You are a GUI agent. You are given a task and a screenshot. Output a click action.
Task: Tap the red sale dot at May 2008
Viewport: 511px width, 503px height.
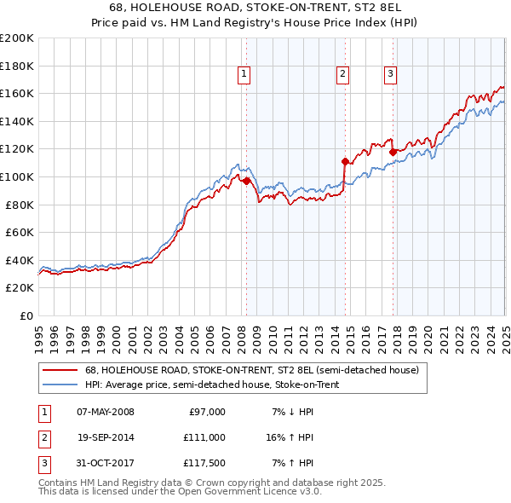pyautogui.click(x=246, y=181)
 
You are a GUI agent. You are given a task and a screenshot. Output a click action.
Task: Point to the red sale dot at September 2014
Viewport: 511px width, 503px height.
pyautogui.click(x=345, y=161)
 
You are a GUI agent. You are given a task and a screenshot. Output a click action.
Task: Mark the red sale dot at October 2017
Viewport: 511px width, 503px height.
pyautogui.click(x=393, y=152)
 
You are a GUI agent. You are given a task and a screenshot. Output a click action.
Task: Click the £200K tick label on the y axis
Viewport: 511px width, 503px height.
pyautogui.click(x=17, y=38)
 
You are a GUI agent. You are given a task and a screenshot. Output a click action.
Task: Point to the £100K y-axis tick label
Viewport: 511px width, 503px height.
pyautogui.click(x=17, y=176)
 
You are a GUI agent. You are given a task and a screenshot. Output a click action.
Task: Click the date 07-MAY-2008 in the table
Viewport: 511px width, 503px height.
pyautogui.click(x=106, y=412)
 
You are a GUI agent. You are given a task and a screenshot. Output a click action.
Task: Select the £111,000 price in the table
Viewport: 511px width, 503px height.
pyautogui.click(x=204, y=437)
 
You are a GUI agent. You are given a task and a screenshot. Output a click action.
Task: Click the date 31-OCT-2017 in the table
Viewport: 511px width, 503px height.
pyautogui.click(x=106, y=463)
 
